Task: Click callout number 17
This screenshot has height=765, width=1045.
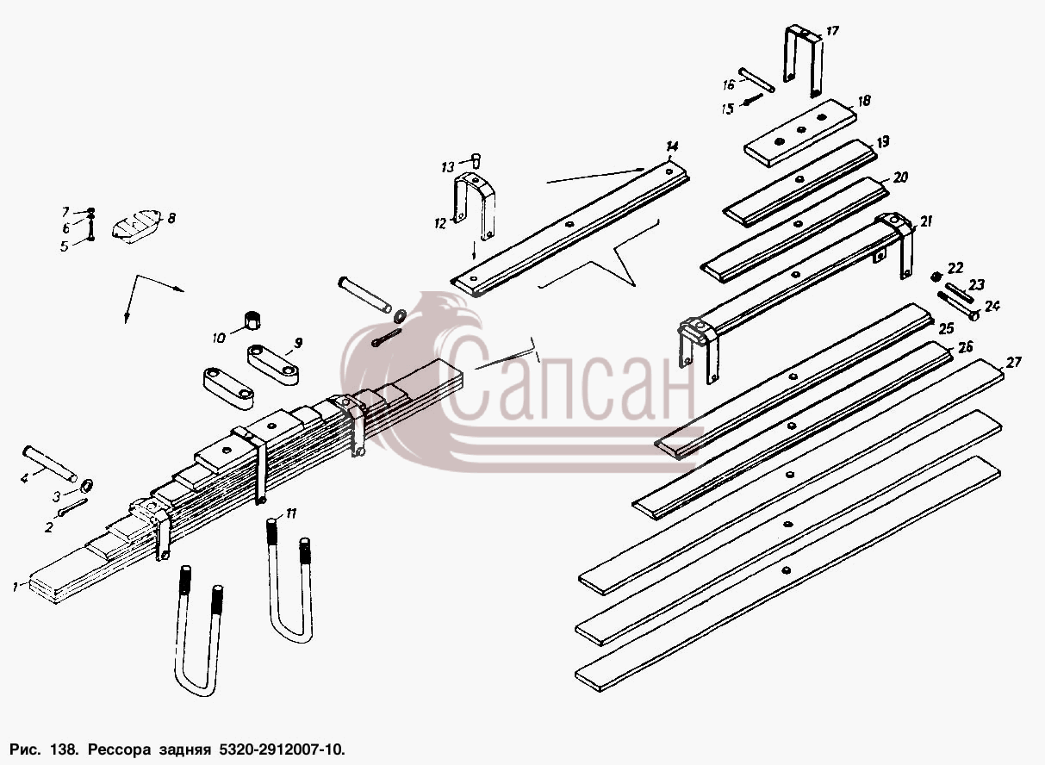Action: tap(832, 31)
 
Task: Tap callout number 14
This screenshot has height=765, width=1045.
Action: tap(672, 146)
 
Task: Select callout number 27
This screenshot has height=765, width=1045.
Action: tap(1013, 362)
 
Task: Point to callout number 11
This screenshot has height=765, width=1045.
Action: tap(290, 513)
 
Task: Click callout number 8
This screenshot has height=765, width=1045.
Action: tap(171, 218)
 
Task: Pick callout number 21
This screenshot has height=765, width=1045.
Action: tap(925, 221)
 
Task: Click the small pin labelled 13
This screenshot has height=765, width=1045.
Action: tap(476, 160)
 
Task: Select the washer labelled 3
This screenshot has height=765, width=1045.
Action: tap(87, 485)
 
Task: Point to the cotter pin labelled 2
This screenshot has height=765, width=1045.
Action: tap(73, 507)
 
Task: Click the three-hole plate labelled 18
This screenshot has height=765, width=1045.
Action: tap(799, 132)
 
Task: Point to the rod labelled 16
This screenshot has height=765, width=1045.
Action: tap(756, 80)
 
